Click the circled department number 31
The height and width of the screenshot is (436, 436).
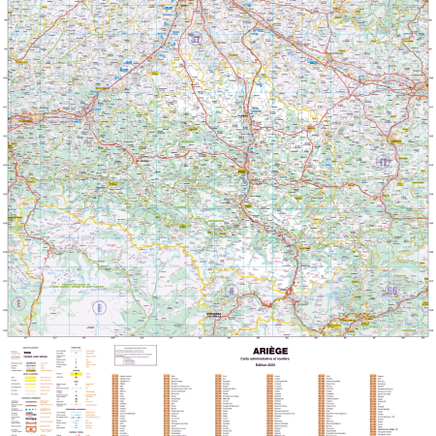pyautogui.click(x=198, y=39)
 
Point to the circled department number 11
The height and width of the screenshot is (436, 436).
pyautogui.click(x=385, y=162)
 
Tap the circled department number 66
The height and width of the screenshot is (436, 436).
pyautogui.click(x=391, y=290)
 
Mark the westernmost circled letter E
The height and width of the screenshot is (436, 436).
pyautogui.click(x=97, y=306)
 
